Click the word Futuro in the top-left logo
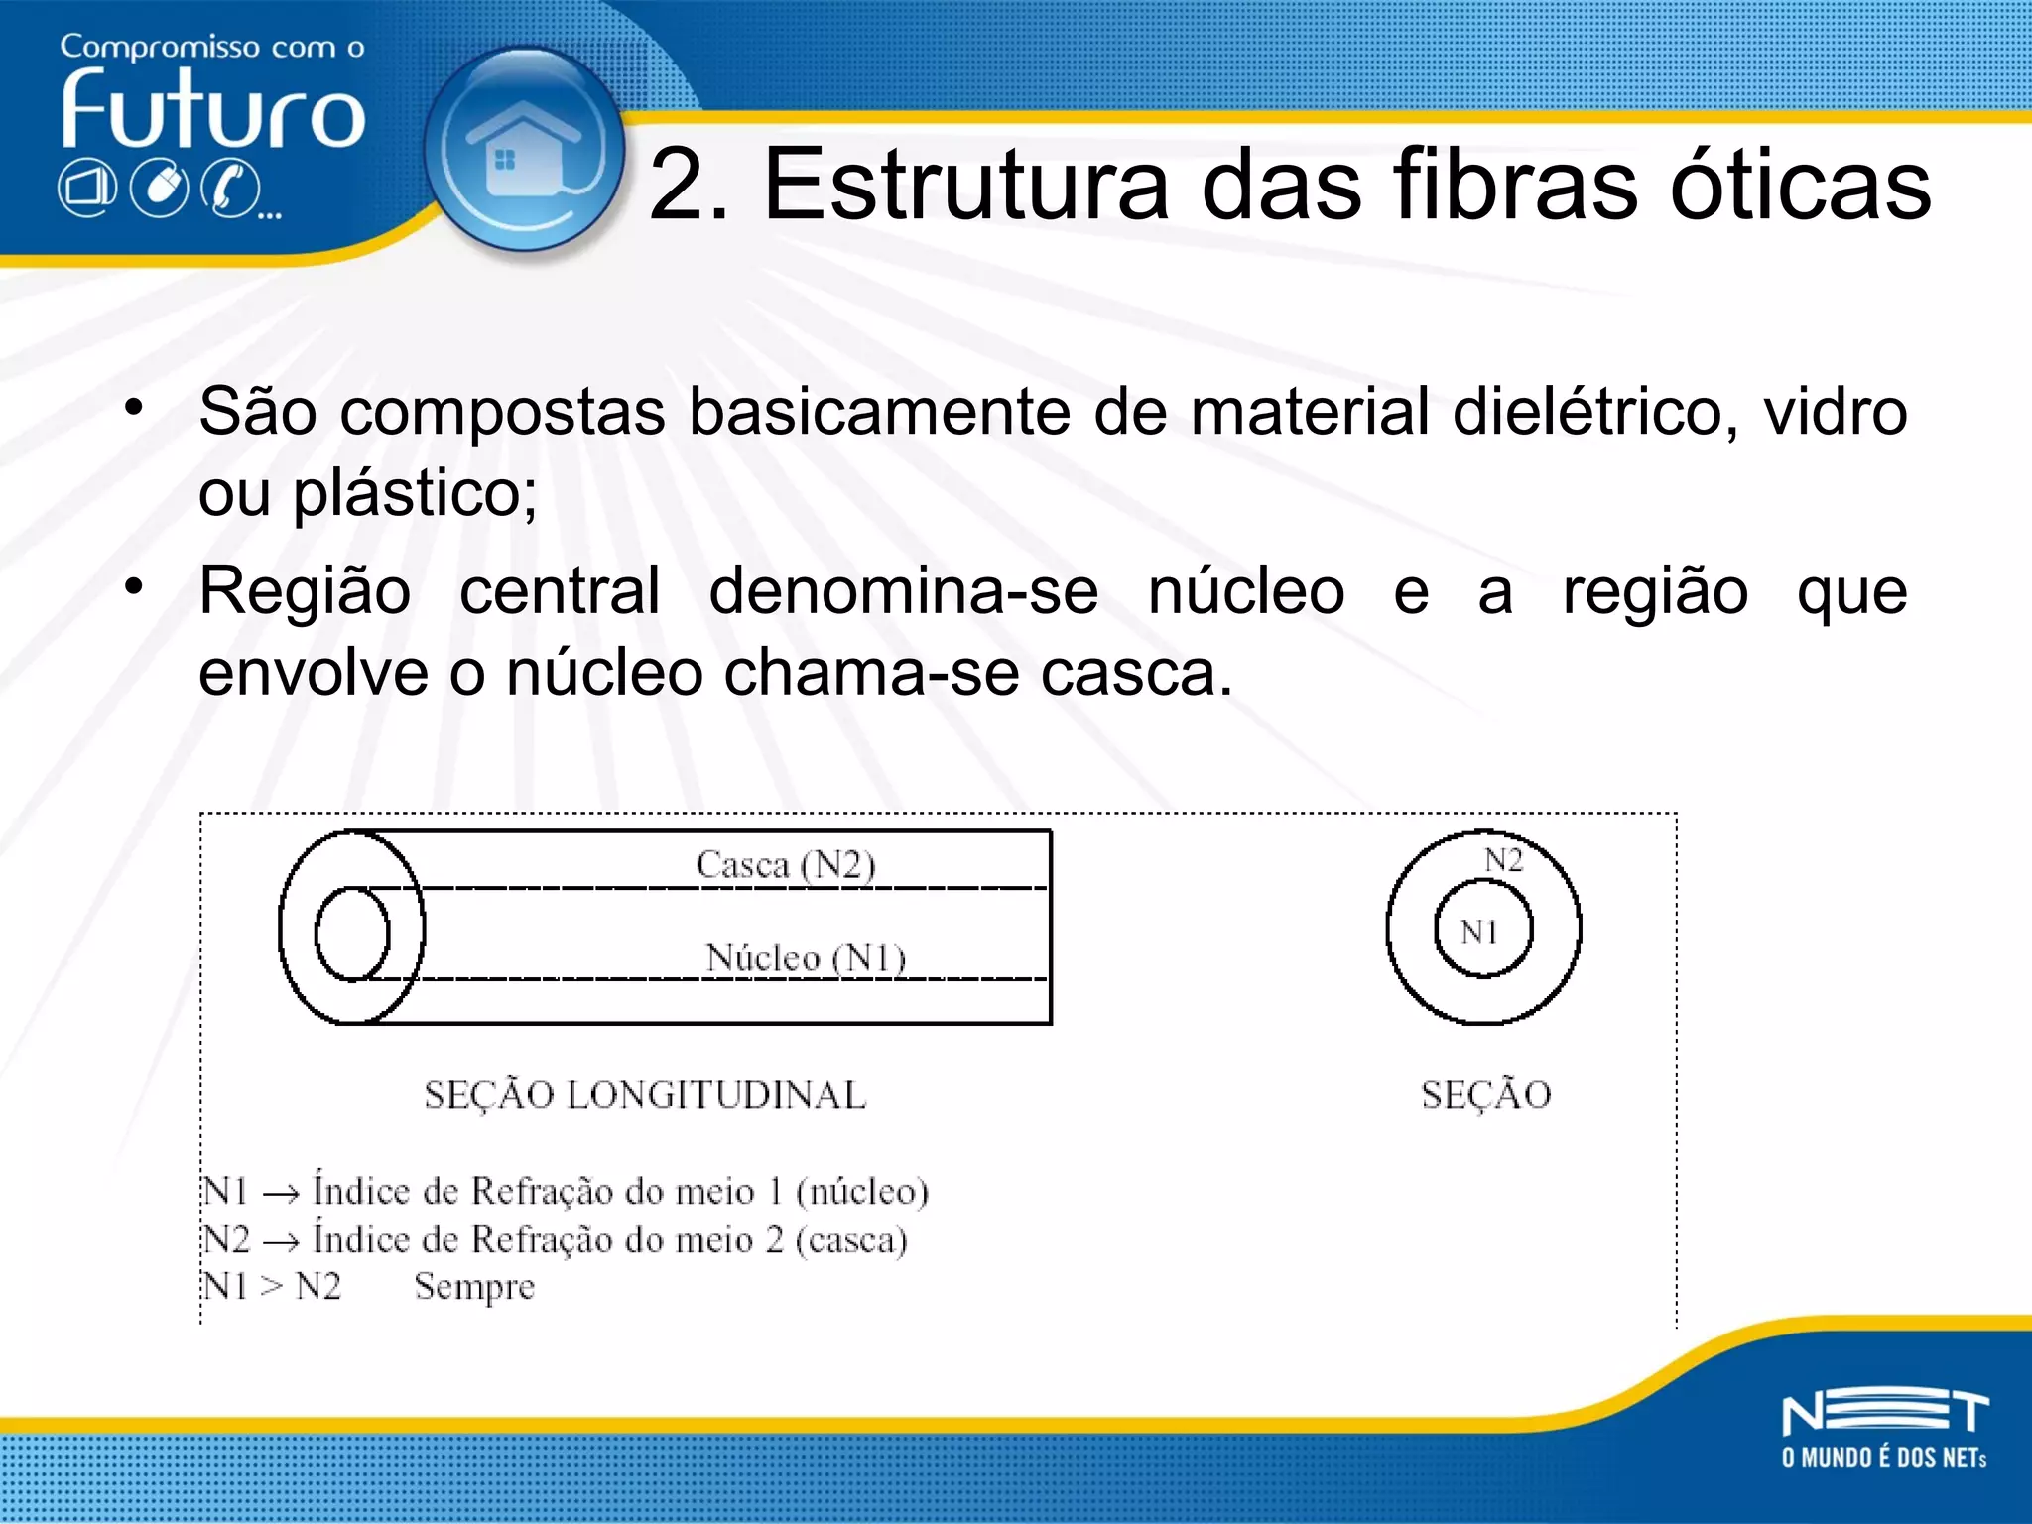(212, 109)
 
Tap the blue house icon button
(523, 151)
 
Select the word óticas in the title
(1801, 185)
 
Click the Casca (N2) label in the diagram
(785, 864)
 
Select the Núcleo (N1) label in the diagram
(806, 957)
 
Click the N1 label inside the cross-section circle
(1478, 931)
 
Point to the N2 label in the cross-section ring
(1503, 859)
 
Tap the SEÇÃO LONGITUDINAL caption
(645, 1095)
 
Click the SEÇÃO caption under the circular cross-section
(1485, 1095)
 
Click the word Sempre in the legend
(474, 1287)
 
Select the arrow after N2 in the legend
(281, 1240)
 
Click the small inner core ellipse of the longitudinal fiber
(351, 934)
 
